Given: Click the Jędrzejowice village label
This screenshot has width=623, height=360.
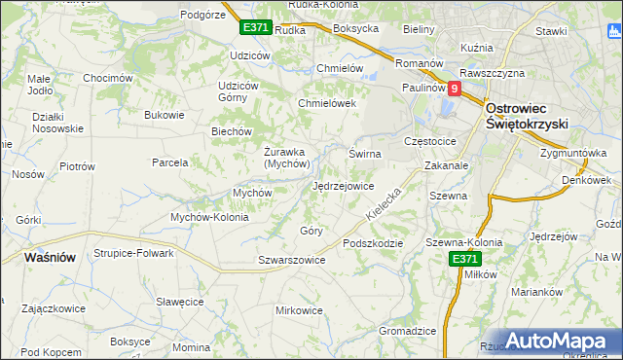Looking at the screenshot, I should (343, 185).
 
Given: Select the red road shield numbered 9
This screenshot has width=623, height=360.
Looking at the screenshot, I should (454, 88).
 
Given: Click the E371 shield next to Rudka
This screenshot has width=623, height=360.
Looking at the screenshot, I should (255, 28).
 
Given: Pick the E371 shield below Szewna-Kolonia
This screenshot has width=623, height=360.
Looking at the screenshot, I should (464, 259).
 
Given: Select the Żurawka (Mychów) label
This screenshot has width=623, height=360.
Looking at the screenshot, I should (286, 158).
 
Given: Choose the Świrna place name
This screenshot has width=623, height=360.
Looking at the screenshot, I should (365, 154).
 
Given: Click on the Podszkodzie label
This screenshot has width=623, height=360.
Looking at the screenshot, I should (372, 243).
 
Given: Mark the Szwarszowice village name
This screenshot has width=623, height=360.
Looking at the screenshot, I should (291, 260).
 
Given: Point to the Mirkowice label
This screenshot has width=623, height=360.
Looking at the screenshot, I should (299, 310).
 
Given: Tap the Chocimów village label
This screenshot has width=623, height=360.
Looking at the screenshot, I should (107, 78).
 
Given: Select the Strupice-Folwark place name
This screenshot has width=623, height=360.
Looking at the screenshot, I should (133, 253).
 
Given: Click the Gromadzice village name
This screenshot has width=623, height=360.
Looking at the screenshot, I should (407, 331).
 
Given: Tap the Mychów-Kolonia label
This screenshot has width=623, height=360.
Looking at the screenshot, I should (210, 217).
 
